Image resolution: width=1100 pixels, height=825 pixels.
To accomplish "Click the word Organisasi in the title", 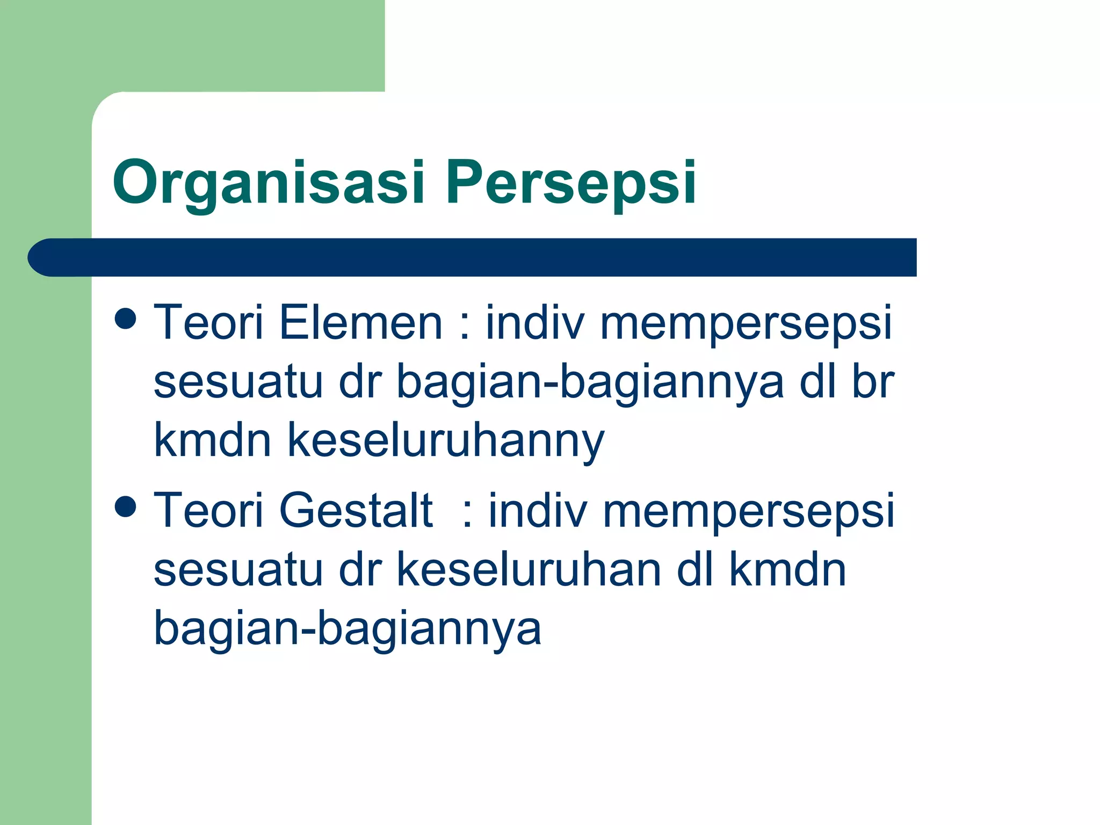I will click(x=269, y=183).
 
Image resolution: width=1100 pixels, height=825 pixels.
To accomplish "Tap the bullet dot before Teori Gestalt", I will click(x=126, y=506).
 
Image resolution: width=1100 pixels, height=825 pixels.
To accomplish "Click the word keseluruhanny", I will click(x=446, y=440).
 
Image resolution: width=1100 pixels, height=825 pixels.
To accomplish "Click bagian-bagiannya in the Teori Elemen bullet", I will click(x=590, y=382).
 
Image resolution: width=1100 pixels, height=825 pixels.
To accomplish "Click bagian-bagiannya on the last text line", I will click(x=348, y=628).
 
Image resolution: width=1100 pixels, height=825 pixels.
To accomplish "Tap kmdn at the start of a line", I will click(x=213, y=440).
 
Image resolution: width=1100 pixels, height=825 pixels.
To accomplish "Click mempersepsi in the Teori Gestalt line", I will click(x=749, y=511).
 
